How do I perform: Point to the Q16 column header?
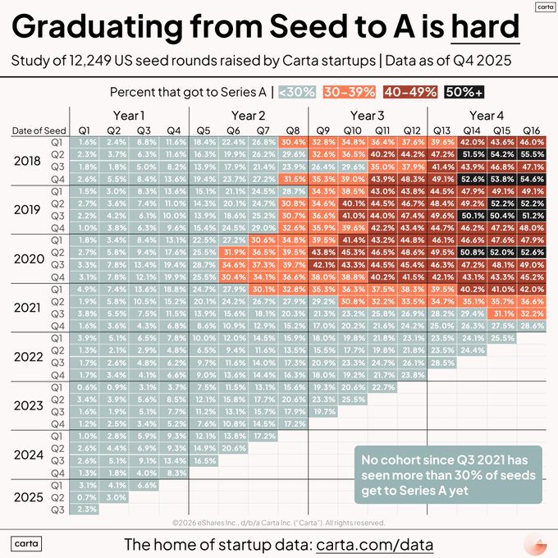pos(531,130)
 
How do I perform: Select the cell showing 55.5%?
pos(531,153)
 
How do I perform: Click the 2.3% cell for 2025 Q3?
pos(85,509)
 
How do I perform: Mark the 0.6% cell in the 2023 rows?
pos(85,386)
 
